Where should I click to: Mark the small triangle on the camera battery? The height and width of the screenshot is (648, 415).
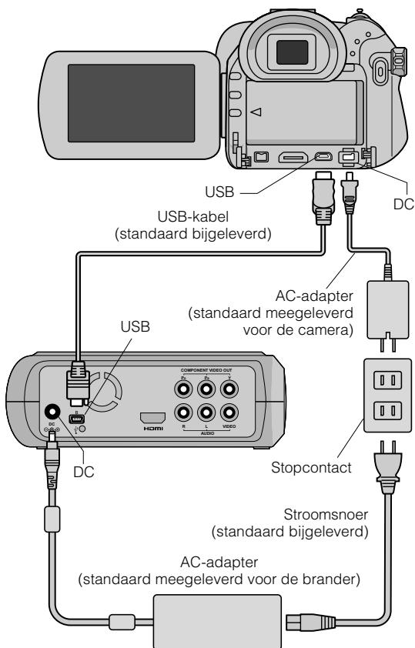coord(256,112)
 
